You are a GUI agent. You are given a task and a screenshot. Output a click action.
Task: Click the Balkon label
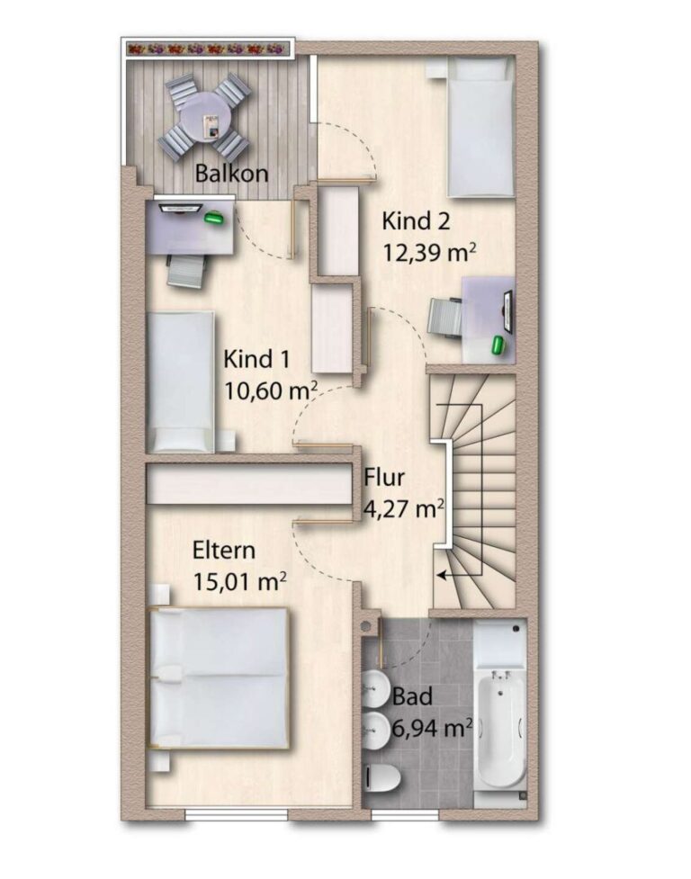click(x=231, y=174)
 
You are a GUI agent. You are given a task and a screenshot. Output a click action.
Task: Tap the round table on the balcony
click(x=205, y=119)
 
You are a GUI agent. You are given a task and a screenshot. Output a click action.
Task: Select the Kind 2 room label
click(x=416, y=220)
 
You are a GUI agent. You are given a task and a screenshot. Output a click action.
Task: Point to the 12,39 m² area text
click(x=429, y=252)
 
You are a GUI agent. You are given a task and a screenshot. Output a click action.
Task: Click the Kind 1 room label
click(x=256, y=359)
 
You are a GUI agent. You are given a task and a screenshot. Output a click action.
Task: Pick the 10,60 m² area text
click(x=271, y=390)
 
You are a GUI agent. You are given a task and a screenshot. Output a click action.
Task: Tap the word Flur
click(x=384, y=478)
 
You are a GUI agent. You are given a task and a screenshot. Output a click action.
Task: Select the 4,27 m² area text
click(x=403, y=509)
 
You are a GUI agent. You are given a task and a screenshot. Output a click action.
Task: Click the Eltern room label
click(x=224, y=551)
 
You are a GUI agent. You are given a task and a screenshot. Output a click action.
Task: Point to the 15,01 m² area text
click(x=239, y=582)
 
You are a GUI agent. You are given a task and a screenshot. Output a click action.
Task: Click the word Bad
click(x=412, y=696)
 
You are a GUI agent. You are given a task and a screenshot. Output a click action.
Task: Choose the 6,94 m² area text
click(x=432, y=729)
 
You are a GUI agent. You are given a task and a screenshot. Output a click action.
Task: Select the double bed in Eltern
click(x=220, y=678)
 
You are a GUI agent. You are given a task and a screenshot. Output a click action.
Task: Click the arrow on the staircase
click(x=459, y=575)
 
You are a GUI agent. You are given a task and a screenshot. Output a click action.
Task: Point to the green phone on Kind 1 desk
click(x=213, y=218)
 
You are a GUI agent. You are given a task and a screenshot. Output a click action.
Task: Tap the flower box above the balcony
click(x=208, y=49)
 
